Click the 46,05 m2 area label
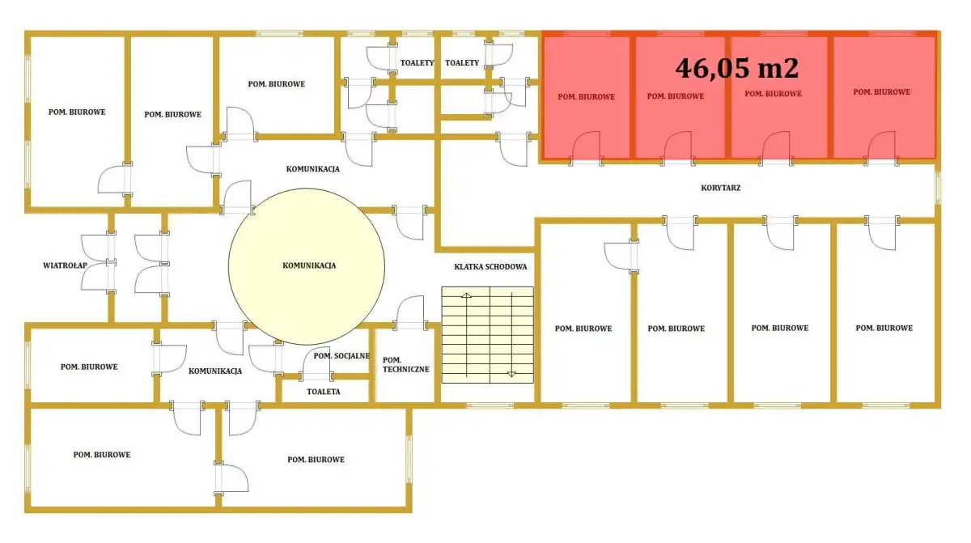coord(736,69)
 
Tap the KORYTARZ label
coord(720,188)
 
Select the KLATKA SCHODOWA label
coord(490,267)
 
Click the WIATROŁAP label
coord(65,265)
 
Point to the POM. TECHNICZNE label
coord(405,365)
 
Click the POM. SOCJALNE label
coord(341,356)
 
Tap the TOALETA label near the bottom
coord(324,392)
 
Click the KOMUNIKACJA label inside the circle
coord(309,265)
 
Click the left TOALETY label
coord(417,63)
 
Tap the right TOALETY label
coord(462,63)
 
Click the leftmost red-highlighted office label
coord(586,97)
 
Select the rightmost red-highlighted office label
coord(882,92)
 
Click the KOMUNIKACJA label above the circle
coord(312,169)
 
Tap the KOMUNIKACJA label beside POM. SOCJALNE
coord(215,371)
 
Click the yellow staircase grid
coord(488,335)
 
